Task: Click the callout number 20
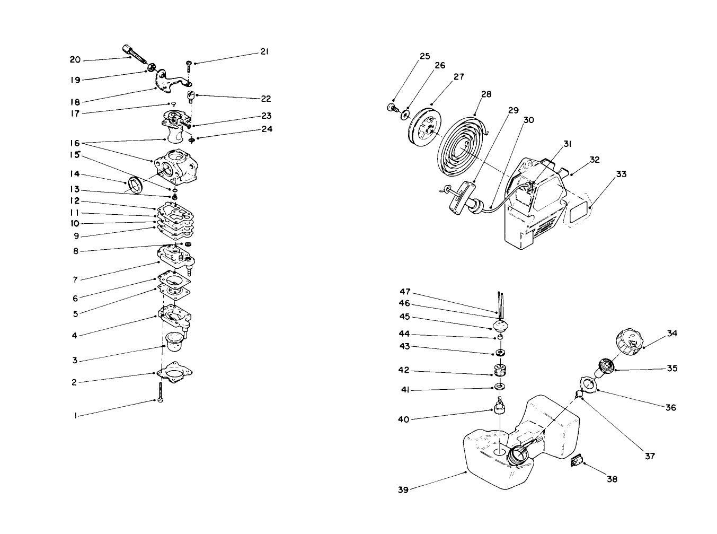point(75,60)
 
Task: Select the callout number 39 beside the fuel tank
point(403,490)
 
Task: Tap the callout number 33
point(621,174)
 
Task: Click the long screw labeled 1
point(160,392)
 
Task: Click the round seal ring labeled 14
point(137,183)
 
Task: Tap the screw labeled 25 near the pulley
point(393,109)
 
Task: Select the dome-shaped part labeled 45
point(501,325)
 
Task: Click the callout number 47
point(404,292)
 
